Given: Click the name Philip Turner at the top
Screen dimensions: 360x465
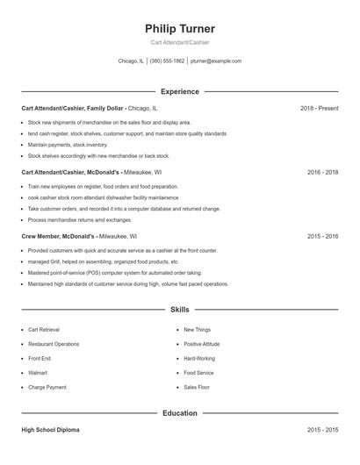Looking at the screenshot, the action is click(180, 29).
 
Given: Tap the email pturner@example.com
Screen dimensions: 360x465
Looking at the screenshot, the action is click(215, 61).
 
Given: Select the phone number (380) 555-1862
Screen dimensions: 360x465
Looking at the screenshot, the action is click(168, 61).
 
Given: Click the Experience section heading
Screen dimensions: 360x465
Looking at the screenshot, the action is click(180, 91).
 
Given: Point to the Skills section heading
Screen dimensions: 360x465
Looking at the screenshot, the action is click(180, 310).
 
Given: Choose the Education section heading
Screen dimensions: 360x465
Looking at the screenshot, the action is click(180, 412).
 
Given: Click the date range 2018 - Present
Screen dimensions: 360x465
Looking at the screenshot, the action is click(319, 108).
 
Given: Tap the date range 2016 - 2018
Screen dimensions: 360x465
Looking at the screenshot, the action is click(322, 172).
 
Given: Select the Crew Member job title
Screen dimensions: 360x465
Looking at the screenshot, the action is click(40, 236).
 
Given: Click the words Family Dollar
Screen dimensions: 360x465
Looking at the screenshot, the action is click(104, 108).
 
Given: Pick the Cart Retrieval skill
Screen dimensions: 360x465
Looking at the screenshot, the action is click(44, 330).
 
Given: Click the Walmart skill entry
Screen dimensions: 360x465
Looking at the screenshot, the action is click(39, 373).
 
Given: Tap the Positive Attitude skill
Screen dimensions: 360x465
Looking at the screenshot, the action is click(202, 344).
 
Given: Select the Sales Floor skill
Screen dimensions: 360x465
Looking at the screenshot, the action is click(197, 387).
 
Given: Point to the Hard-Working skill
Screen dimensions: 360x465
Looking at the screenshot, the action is click(199, 359).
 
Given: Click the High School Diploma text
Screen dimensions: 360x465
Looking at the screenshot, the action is click(51, 431).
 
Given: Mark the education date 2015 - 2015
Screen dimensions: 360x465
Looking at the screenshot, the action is click(322, 431).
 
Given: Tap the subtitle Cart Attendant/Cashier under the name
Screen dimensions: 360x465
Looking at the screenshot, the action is click(180, 42).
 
